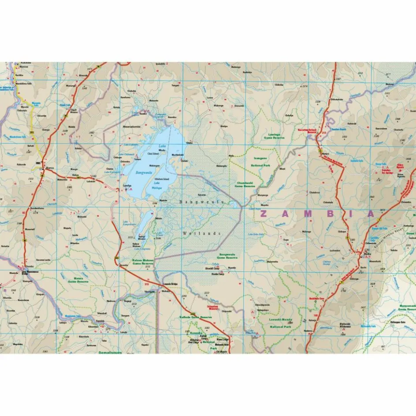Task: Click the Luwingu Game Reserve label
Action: tap(274, 136)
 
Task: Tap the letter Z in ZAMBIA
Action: tap(264, 214)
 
